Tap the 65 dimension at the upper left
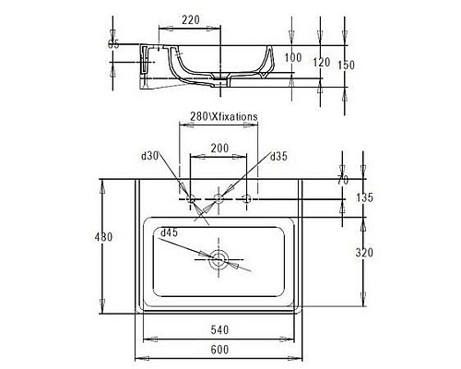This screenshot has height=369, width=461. (x=114, y=43)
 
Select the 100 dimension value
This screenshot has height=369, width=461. (x=293, y=57)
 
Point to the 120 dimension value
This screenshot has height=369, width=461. (x=321, y=63)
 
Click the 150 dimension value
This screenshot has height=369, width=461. (x=347, y=65)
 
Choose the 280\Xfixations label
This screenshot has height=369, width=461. (x=218, y=116)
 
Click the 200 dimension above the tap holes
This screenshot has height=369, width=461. (x=219, y=148)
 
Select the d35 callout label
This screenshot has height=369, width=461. (x=280, y=156)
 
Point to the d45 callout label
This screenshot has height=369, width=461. (x=169, y=232)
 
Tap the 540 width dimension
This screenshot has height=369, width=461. (x=219, y=327)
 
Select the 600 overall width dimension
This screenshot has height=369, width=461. (x=219, y=350)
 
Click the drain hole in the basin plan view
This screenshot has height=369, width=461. (x=219, y=259)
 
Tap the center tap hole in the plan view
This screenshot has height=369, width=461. (x=219, y=198)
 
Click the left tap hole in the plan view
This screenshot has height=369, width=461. (x=191, y=198)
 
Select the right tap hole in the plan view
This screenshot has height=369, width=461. (x=247, y=198)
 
